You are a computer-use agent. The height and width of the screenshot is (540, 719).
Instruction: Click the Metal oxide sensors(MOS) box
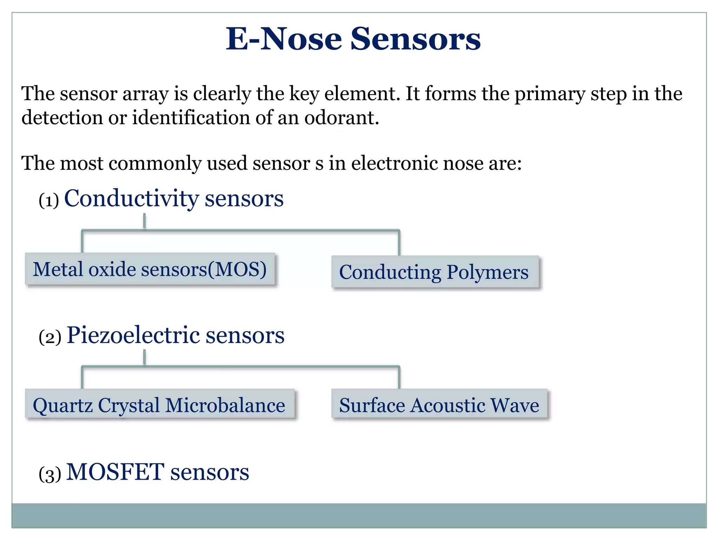[150, 269]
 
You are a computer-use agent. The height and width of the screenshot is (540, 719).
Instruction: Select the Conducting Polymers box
[435, 272]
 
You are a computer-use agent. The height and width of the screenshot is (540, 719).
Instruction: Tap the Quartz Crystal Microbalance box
[159, 405]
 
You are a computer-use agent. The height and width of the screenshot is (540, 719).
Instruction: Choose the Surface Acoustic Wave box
[439, 405]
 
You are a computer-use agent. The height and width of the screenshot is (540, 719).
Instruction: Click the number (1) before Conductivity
[49, 201]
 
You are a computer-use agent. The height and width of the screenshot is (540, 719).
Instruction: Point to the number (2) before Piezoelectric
[50, 337]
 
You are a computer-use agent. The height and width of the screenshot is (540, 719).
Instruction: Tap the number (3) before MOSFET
[50, 474]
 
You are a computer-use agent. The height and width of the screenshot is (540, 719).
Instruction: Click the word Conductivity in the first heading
[131, 199]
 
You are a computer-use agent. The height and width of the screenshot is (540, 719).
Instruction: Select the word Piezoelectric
[133, 335]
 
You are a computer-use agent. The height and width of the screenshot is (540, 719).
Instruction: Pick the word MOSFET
[115, 472]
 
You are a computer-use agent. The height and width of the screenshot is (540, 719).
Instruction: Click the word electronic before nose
[394, 163]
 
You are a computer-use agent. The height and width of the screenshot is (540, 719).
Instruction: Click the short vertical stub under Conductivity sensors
[144, 221]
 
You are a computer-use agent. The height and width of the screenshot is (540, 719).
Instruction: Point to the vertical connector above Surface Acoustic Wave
[399, 378]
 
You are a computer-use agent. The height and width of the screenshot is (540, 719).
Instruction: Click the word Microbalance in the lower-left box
[225, 405]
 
